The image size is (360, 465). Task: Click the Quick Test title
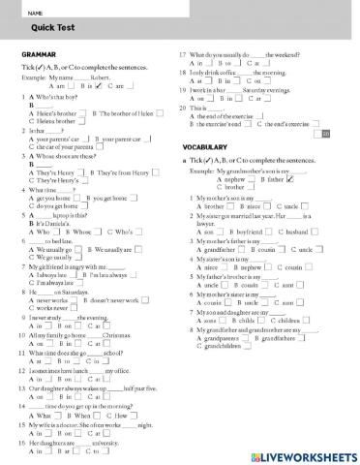(39, 26)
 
